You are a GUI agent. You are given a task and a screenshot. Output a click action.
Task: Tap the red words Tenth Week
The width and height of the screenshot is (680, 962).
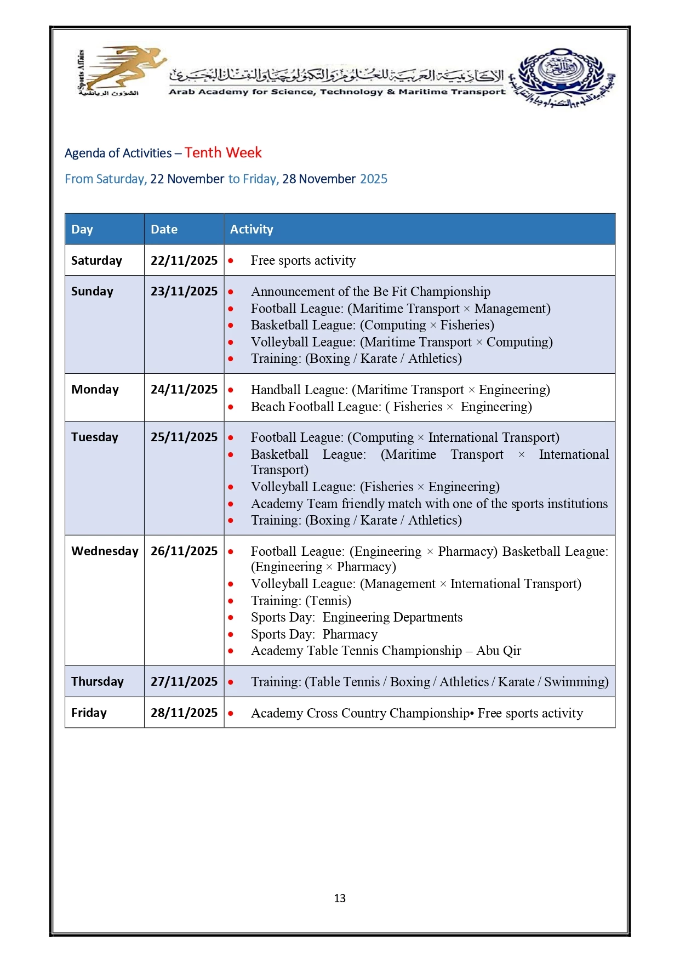tap(223, 152)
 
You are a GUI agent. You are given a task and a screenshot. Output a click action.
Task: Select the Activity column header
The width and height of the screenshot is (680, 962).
tap(252, 229)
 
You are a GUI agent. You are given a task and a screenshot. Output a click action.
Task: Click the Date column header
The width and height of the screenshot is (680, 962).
tap(164, 229)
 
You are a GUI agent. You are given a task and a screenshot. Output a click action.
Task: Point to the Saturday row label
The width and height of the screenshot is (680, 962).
tap(96, 260)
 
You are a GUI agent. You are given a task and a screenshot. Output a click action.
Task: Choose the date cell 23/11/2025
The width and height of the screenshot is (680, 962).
tap(184, 291)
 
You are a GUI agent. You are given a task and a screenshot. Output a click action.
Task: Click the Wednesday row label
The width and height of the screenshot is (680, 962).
tap(105, 551)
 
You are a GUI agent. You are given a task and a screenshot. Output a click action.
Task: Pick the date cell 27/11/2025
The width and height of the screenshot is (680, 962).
tap(184, 681)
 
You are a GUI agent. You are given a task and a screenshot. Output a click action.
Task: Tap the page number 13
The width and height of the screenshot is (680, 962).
tap(340, 898)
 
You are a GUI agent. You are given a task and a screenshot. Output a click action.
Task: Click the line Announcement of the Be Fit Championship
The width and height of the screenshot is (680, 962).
tap(370, 292)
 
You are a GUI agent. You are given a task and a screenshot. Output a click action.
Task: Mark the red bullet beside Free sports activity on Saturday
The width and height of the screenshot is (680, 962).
tap(231, 261)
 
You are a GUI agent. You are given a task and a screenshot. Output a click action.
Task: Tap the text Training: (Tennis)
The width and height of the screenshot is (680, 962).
tap(301, 601)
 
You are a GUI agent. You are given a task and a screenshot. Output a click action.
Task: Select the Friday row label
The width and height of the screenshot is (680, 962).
tap(89, 713)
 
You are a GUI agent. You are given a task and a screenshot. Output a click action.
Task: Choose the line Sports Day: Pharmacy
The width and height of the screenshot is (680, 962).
tap(314, 634)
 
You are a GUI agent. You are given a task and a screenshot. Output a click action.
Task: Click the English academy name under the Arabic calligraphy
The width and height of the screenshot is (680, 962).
tap(337, 92)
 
